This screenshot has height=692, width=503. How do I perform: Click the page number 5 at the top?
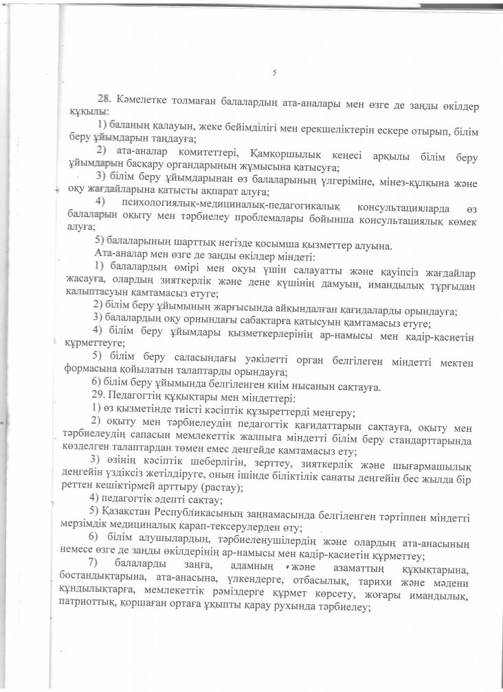274,73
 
